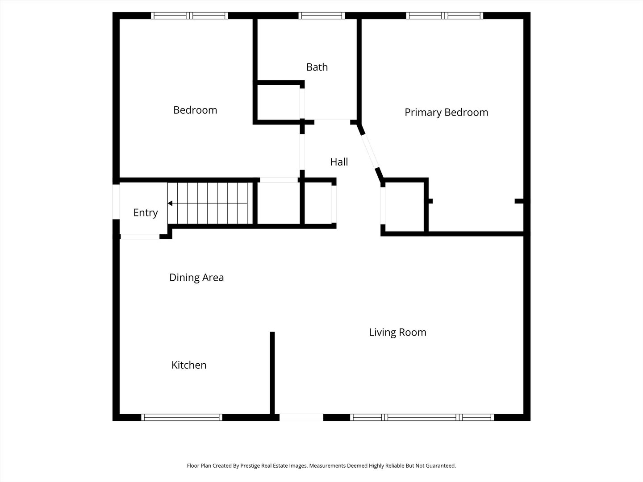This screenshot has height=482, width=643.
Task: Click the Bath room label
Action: (x=317, y=67)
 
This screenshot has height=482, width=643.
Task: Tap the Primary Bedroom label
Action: (x=446, y=112)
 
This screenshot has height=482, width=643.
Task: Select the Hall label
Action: (x=339, y=162)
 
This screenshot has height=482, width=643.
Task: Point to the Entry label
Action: (x=146, y=213)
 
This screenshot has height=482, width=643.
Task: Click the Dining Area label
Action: (x=196, y=278)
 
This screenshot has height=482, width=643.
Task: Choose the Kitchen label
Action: (x=189, y=365)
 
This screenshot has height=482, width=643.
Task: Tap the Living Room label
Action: (x=397, y=332)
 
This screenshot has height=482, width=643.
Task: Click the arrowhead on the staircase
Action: (x=170, y=204)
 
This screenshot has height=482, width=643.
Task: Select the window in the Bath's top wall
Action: (x=321, y=16)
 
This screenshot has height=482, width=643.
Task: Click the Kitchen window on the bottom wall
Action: (x=182, y=417)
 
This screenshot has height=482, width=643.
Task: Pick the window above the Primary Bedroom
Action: (x=445, y=16)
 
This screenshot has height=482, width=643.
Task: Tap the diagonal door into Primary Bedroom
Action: (x=370, y=151)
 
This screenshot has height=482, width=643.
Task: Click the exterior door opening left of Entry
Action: (x=116, y=202)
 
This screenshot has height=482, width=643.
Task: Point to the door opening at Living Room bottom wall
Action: (x=301, y=417)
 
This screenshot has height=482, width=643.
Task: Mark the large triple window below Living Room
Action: (x=422, y=417)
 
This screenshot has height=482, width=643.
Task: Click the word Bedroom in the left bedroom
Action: (x=195, y=110)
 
